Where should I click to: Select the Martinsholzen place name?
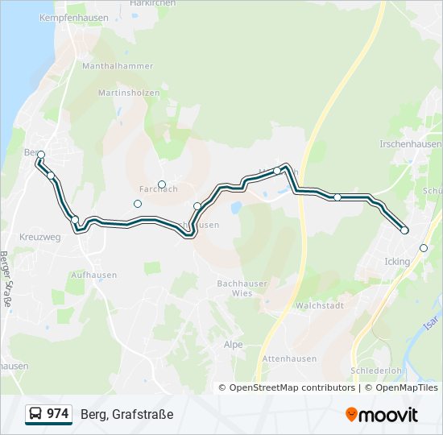128,93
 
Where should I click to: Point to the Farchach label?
158,188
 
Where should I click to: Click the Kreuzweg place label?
39,238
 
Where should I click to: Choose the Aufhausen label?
90,275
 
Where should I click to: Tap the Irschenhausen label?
411,143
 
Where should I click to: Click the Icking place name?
397,262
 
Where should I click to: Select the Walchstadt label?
320,305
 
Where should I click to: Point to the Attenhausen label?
289,358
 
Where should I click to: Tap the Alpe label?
233,344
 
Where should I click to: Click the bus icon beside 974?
36,414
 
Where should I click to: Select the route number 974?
57,414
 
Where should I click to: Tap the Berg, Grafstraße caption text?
126,414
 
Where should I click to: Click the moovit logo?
381,414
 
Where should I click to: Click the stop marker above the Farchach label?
162,184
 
